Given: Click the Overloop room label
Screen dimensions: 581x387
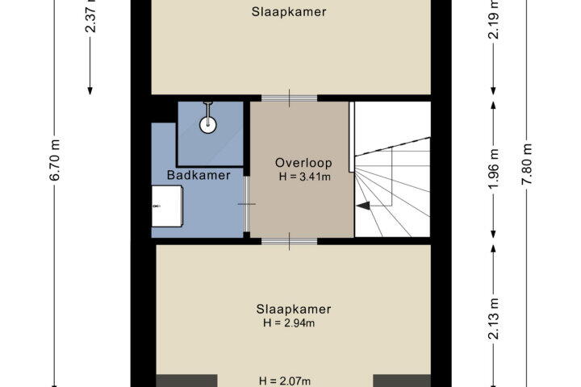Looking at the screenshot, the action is click(x=303, y=163).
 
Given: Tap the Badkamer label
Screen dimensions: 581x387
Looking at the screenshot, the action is click(x=199, y=175).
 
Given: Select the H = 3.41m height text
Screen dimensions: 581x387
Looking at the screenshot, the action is click(x=304, y=177).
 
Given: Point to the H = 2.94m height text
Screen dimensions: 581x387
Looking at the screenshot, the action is click(x=289, y=323).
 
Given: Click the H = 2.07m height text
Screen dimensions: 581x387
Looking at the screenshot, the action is click(x=285, y=381).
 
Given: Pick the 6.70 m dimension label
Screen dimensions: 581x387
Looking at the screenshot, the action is click(x=55, y=160).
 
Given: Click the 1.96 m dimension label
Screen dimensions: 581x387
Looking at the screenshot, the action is click(x=494, y=169).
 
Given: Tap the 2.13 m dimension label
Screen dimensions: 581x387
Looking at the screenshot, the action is click(x=494, y=318).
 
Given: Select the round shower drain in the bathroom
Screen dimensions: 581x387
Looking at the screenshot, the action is click(x=208, y=125).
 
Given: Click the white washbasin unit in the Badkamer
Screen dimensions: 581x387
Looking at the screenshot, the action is click(x=167, y=206).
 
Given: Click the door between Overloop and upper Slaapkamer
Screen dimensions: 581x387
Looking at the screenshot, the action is click(x=290, y=98).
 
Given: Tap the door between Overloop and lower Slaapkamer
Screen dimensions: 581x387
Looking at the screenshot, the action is click(x=290, y=241).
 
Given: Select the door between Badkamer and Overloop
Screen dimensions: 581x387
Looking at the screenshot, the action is click(x=246, y=204).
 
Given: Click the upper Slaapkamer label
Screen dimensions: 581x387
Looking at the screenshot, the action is click(x=289, y=12).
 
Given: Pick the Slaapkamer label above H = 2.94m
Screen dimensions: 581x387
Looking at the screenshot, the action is click(x=294, y=310).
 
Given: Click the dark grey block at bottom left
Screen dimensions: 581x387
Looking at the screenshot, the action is click(x=186, y=381).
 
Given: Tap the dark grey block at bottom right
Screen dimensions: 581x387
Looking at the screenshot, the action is click(x=402, y=381).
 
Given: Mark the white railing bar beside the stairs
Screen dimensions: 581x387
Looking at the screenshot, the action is click(x=352, y=136).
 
